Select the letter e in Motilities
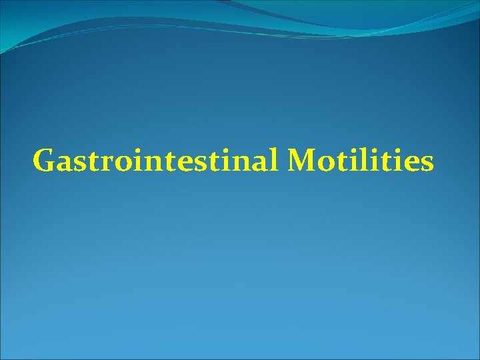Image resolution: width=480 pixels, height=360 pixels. pyautogui.click(x=410, y=163)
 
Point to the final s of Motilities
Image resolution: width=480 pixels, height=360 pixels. pyautogui.click(x=426, y=163)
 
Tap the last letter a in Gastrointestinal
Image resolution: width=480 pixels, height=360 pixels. pyautogui.click(x=265, y=163)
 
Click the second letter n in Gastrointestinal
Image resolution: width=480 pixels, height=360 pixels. pyautogui.click(x=247, y=163)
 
